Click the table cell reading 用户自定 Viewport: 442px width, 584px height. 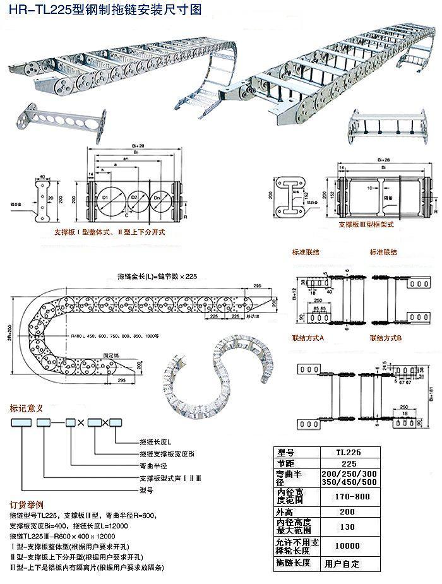coord(342,563)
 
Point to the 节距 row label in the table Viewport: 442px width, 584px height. coord(287,463)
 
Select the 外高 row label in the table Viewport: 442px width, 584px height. coord(287,511)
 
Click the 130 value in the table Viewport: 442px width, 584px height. coord(347,526)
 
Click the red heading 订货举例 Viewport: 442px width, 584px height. coord(27,505)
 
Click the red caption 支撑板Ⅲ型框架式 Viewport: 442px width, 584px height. coord(366,224)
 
